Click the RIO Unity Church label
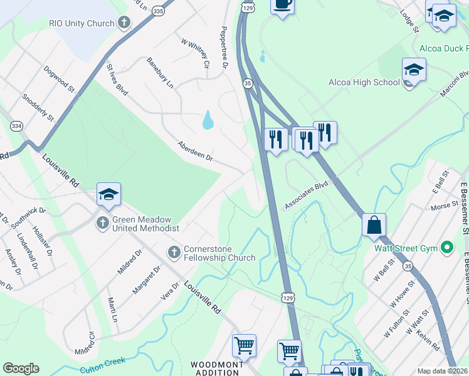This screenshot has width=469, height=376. pos(82,23)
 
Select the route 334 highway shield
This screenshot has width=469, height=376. pos(17,127)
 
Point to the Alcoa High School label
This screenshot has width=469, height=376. pos(364,82)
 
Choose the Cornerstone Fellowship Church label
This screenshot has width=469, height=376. pos(219,253)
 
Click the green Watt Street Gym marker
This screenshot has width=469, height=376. pos(447,248)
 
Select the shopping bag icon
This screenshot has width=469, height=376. pos(374,225)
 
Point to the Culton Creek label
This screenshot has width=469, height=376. pos(103,362)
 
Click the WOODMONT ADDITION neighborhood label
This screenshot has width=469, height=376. pos(215,368)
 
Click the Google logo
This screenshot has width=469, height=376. pos(21,368)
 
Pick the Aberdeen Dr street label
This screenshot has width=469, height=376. pos(195,151)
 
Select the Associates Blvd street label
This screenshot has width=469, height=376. pos(306,196)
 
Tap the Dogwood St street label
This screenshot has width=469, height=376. pos(59,79)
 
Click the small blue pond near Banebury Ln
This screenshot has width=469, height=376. pos(208,120)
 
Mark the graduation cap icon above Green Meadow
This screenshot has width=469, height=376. pos(108,195)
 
